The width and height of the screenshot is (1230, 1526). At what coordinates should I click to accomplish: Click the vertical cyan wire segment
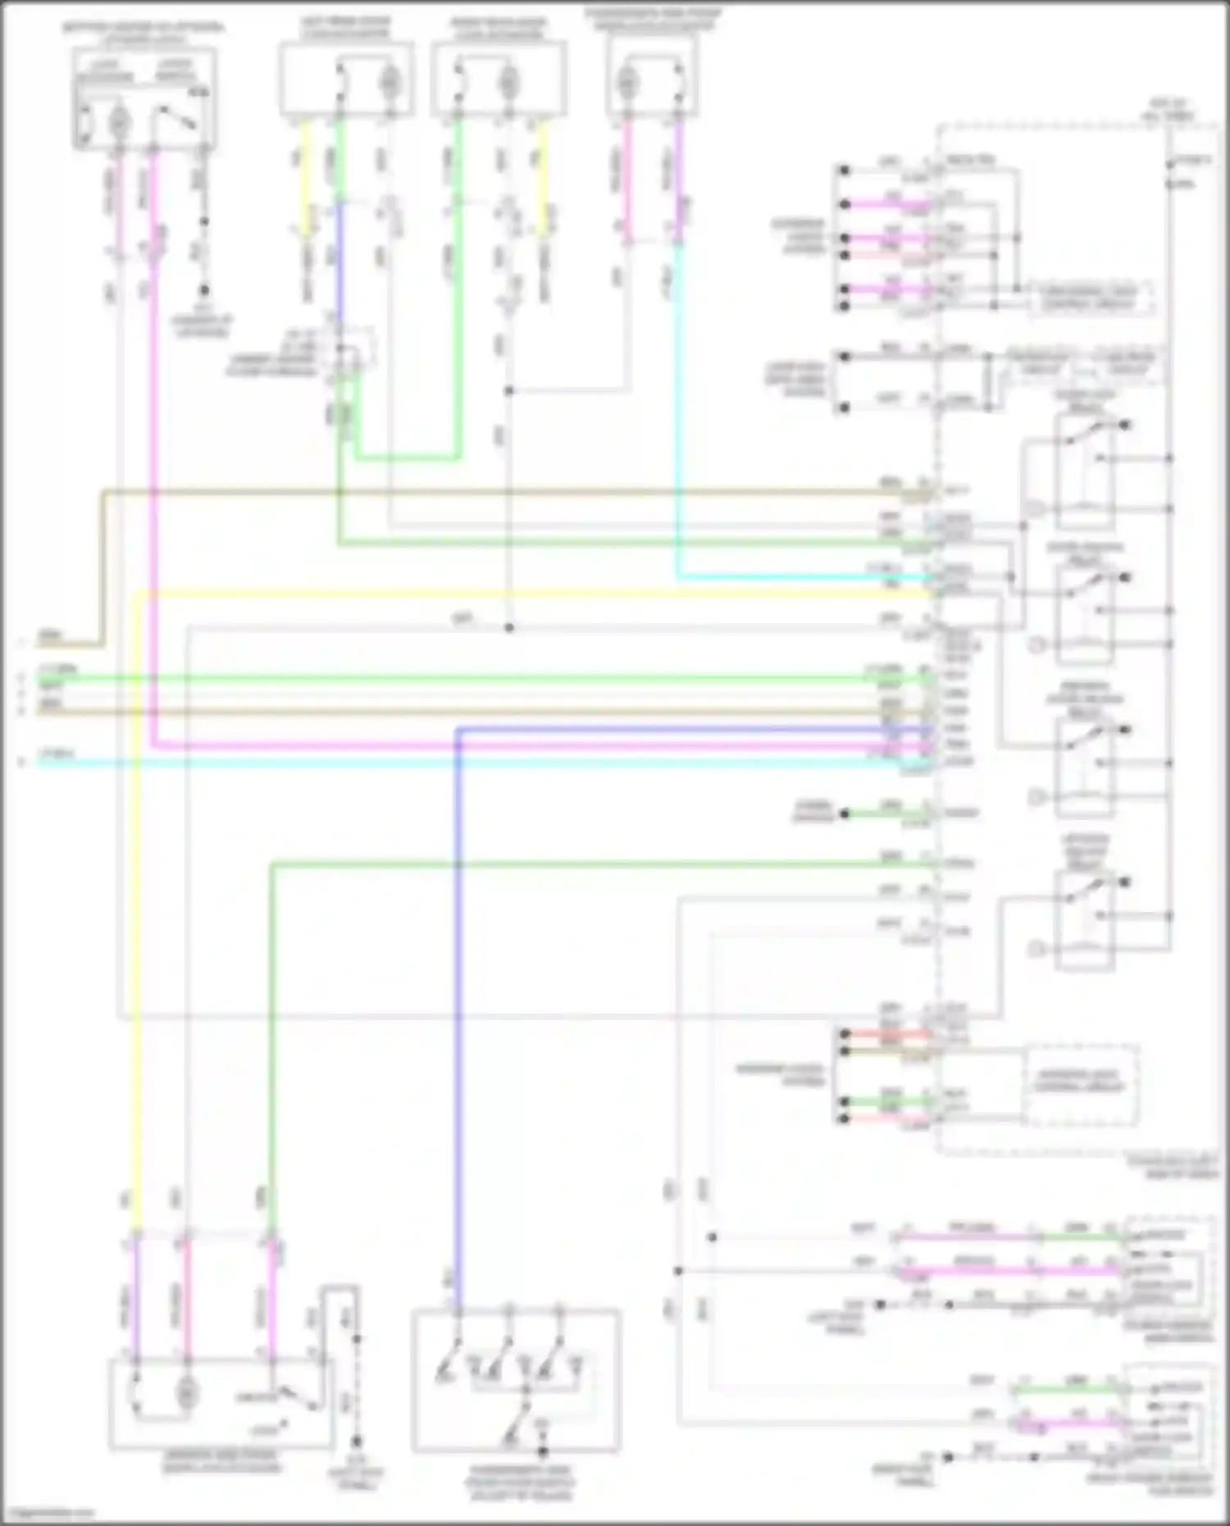pyautogui.click(x=678, y=410)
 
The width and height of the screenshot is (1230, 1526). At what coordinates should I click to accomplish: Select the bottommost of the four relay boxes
pyautogui.click(x=1085, y=918)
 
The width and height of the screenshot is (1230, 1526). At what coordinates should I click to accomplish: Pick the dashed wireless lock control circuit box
pyautogui.click(x=1080, y=1084)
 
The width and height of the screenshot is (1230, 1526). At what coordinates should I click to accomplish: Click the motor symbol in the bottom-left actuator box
pyautogui.click(x=187, y=1392)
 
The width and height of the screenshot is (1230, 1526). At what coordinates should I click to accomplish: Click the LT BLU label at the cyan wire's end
pyautogui.click(x=57, y=753)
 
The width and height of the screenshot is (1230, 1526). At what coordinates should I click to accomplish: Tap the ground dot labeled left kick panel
pyautogui.click(x=356, y=1441)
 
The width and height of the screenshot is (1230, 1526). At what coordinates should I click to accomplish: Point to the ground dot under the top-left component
pyautogui.click(x=203, y=290)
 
